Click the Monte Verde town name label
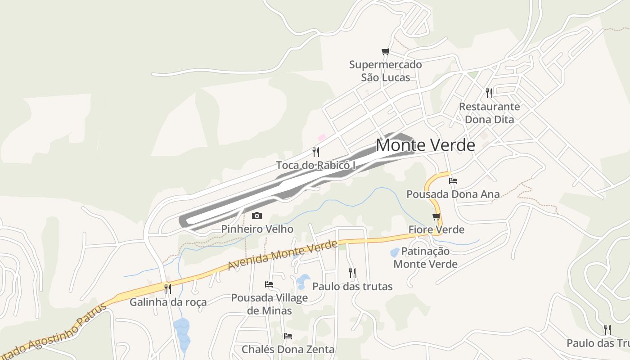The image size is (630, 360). pos(425,145)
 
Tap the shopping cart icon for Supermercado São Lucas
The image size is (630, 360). pos(385,52)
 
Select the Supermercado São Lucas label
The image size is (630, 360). pos(386,71)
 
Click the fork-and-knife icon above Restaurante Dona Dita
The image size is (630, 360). pos(489,93)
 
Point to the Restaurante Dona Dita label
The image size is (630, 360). pos(489,113)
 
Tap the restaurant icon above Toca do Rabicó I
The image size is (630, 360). pos(316,152)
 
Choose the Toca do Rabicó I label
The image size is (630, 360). pos(316,165)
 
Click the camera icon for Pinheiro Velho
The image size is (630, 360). pos(257,216)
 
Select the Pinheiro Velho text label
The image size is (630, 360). pos(257,229)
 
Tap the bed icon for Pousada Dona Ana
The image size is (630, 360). pos(453,181)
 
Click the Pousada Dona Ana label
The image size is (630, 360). pos(453,194)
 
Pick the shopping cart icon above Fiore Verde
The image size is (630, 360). pos(436,217)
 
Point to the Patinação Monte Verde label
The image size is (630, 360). pos(425,257)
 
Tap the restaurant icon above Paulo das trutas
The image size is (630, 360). pos(352,273)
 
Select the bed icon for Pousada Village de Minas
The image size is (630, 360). pos(269,284)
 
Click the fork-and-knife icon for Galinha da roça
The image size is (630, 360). pos(168,288)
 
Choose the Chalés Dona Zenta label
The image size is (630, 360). pos(288,349)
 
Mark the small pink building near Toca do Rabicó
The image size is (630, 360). pos(321,137)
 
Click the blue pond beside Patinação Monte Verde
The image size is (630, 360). pos(394,252)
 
